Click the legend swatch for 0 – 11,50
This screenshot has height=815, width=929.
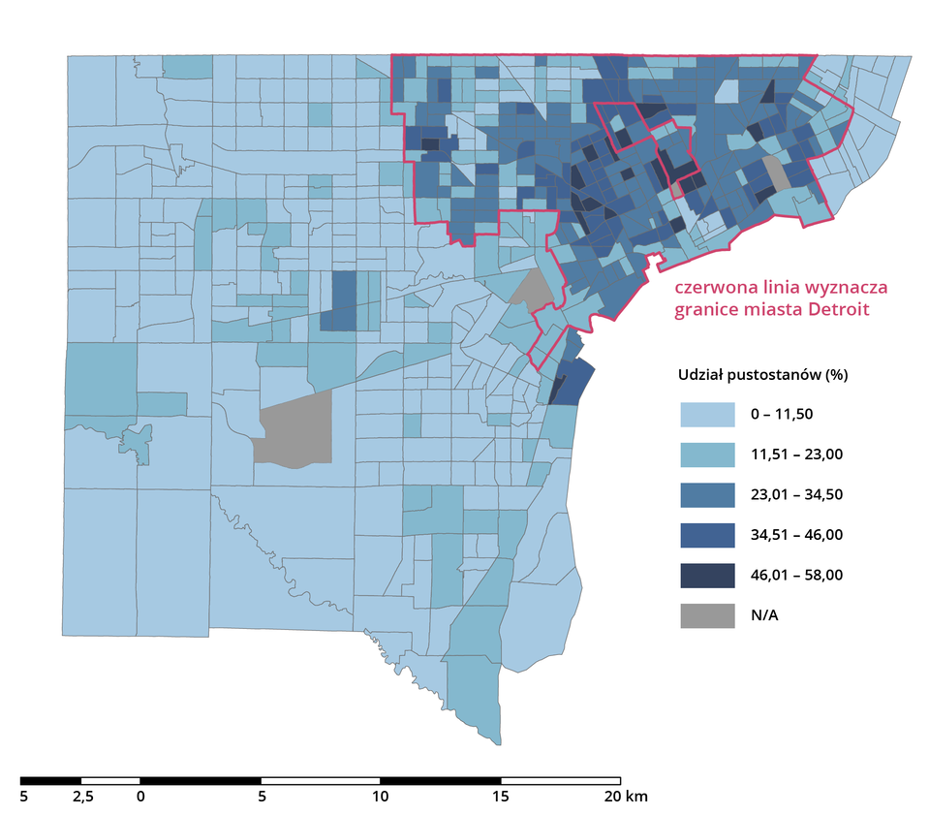(x=707, y=415)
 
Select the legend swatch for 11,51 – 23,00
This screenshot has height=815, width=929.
(x=707, y=455)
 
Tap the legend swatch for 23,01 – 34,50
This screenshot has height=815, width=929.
(x=707, y=494)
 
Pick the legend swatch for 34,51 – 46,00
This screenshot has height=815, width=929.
(x=707, y=535)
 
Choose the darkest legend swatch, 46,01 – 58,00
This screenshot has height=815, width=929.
(x=707, y=575)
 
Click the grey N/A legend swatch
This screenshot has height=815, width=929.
(x=707, y=614)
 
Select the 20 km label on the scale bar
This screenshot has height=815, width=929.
(x=625, y=798)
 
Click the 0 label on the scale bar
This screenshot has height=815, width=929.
(x=140, y=798)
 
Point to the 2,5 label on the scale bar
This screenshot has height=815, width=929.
(x=82, y=798)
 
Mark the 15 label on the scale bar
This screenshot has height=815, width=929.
(x=500, y=798)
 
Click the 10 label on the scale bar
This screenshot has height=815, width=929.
(x=380, y=798)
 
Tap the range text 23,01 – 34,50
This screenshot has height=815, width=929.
(x=796, y=494)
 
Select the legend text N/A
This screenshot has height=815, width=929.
(x=764, y=614)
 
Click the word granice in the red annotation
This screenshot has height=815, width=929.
(x=707, y=309)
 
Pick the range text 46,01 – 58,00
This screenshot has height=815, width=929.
(x=796, y=575)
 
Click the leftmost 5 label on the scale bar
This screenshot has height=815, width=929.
(x=24, y=798)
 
